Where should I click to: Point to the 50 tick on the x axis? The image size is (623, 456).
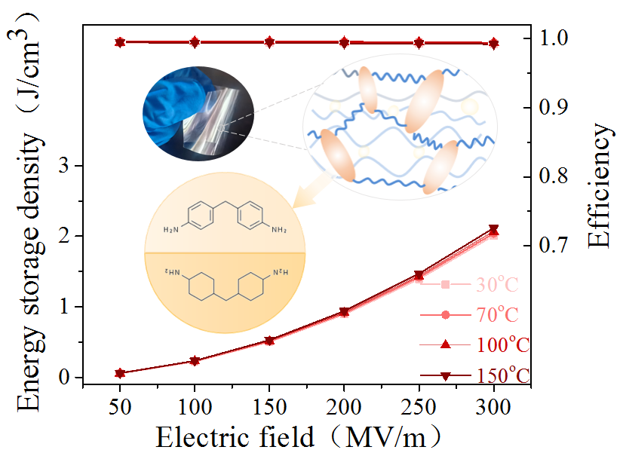pos(120,405)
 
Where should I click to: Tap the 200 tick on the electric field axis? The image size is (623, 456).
pos(345,405)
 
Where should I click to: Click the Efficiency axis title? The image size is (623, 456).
pos(600,186)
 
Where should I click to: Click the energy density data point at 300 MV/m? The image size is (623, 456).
pos(494,230)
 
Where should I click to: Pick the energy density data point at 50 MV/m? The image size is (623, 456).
pos(120,373)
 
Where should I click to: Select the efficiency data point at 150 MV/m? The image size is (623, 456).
pos(269,42)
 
